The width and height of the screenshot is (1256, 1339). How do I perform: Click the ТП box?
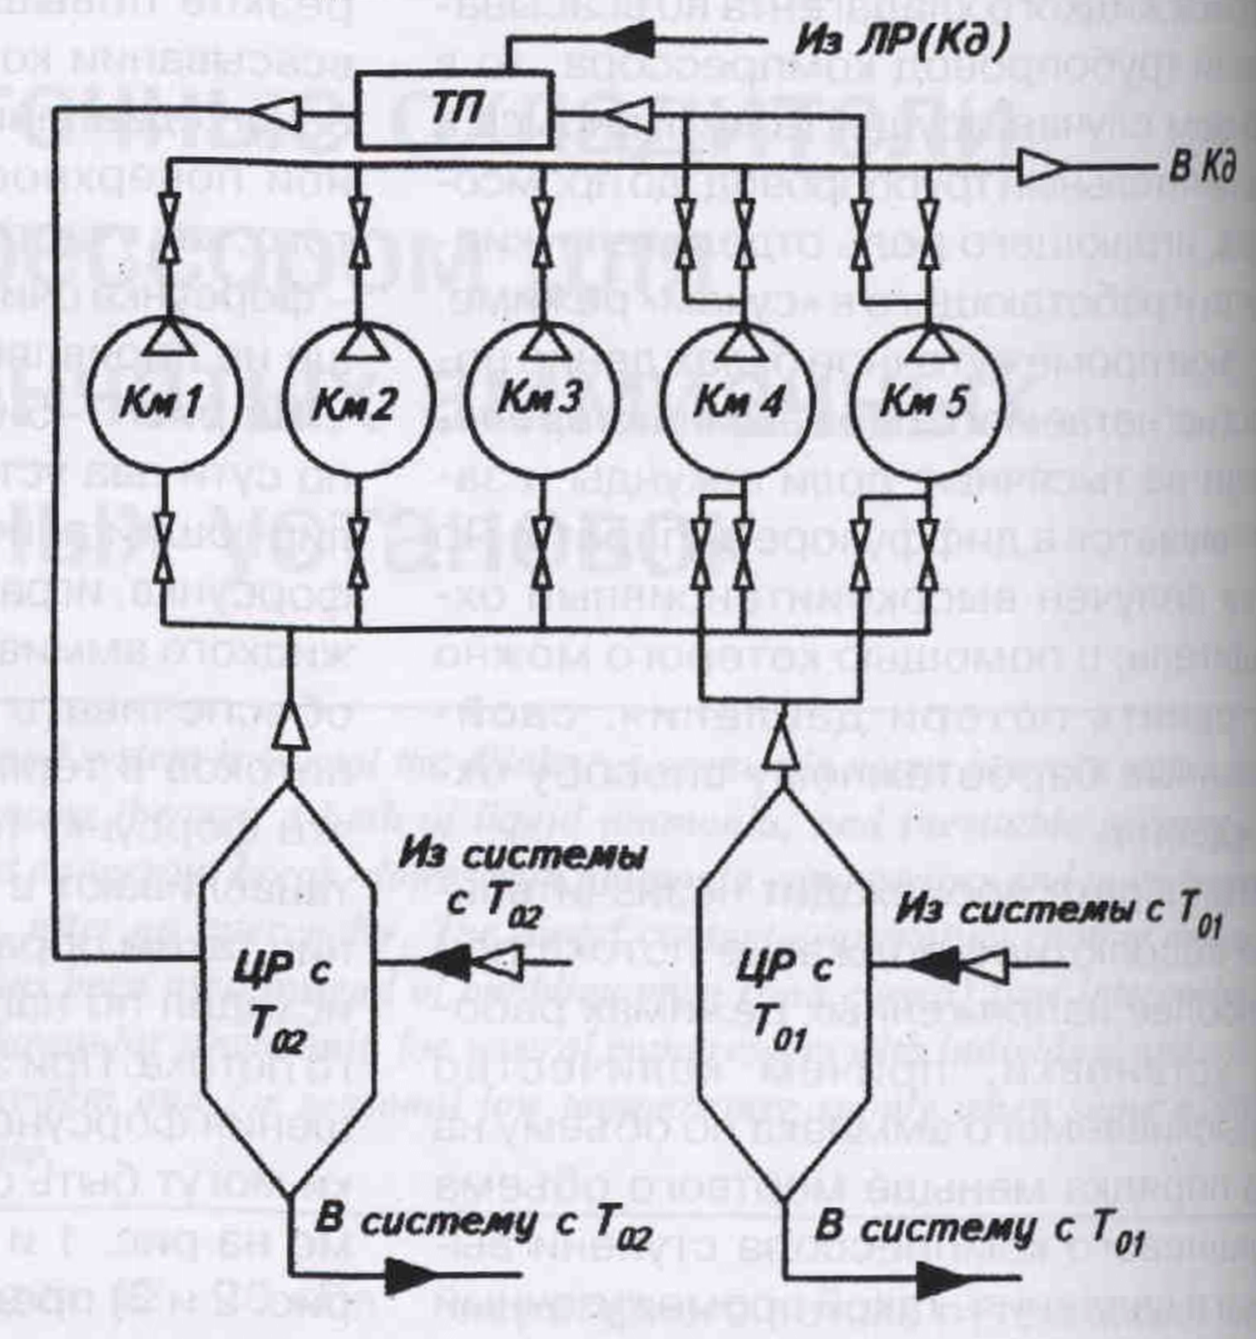point(455,109)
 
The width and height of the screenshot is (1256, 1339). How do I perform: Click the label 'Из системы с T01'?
point(1056,912)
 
